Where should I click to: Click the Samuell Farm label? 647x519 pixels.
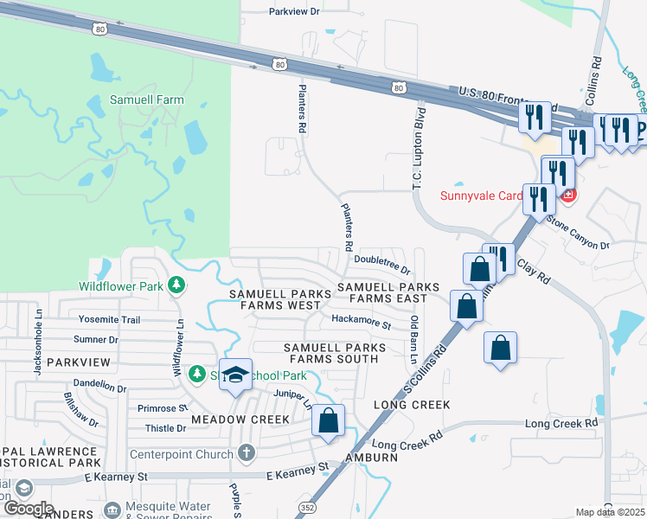146,99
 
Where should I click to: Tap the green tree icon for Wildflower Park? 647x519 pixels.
176,285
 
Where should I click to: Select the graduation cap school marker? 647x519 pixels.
235,375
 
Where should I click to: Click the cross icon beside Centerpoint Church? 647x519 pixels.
247,453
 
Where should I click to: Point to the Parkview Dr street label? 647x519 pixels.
294,11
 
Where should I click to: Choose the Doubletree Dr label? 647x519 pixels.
381,271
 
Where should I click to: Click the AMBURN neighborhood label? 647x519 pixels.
371,458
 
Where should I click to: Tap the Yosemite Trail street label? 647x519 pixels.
109,319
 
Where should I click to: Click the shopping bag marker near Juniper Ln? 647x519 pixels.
328,421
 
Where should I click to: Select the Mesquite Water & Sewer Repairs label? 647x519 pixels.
170,510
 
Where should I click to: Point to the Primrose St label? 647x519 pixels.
163,407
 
